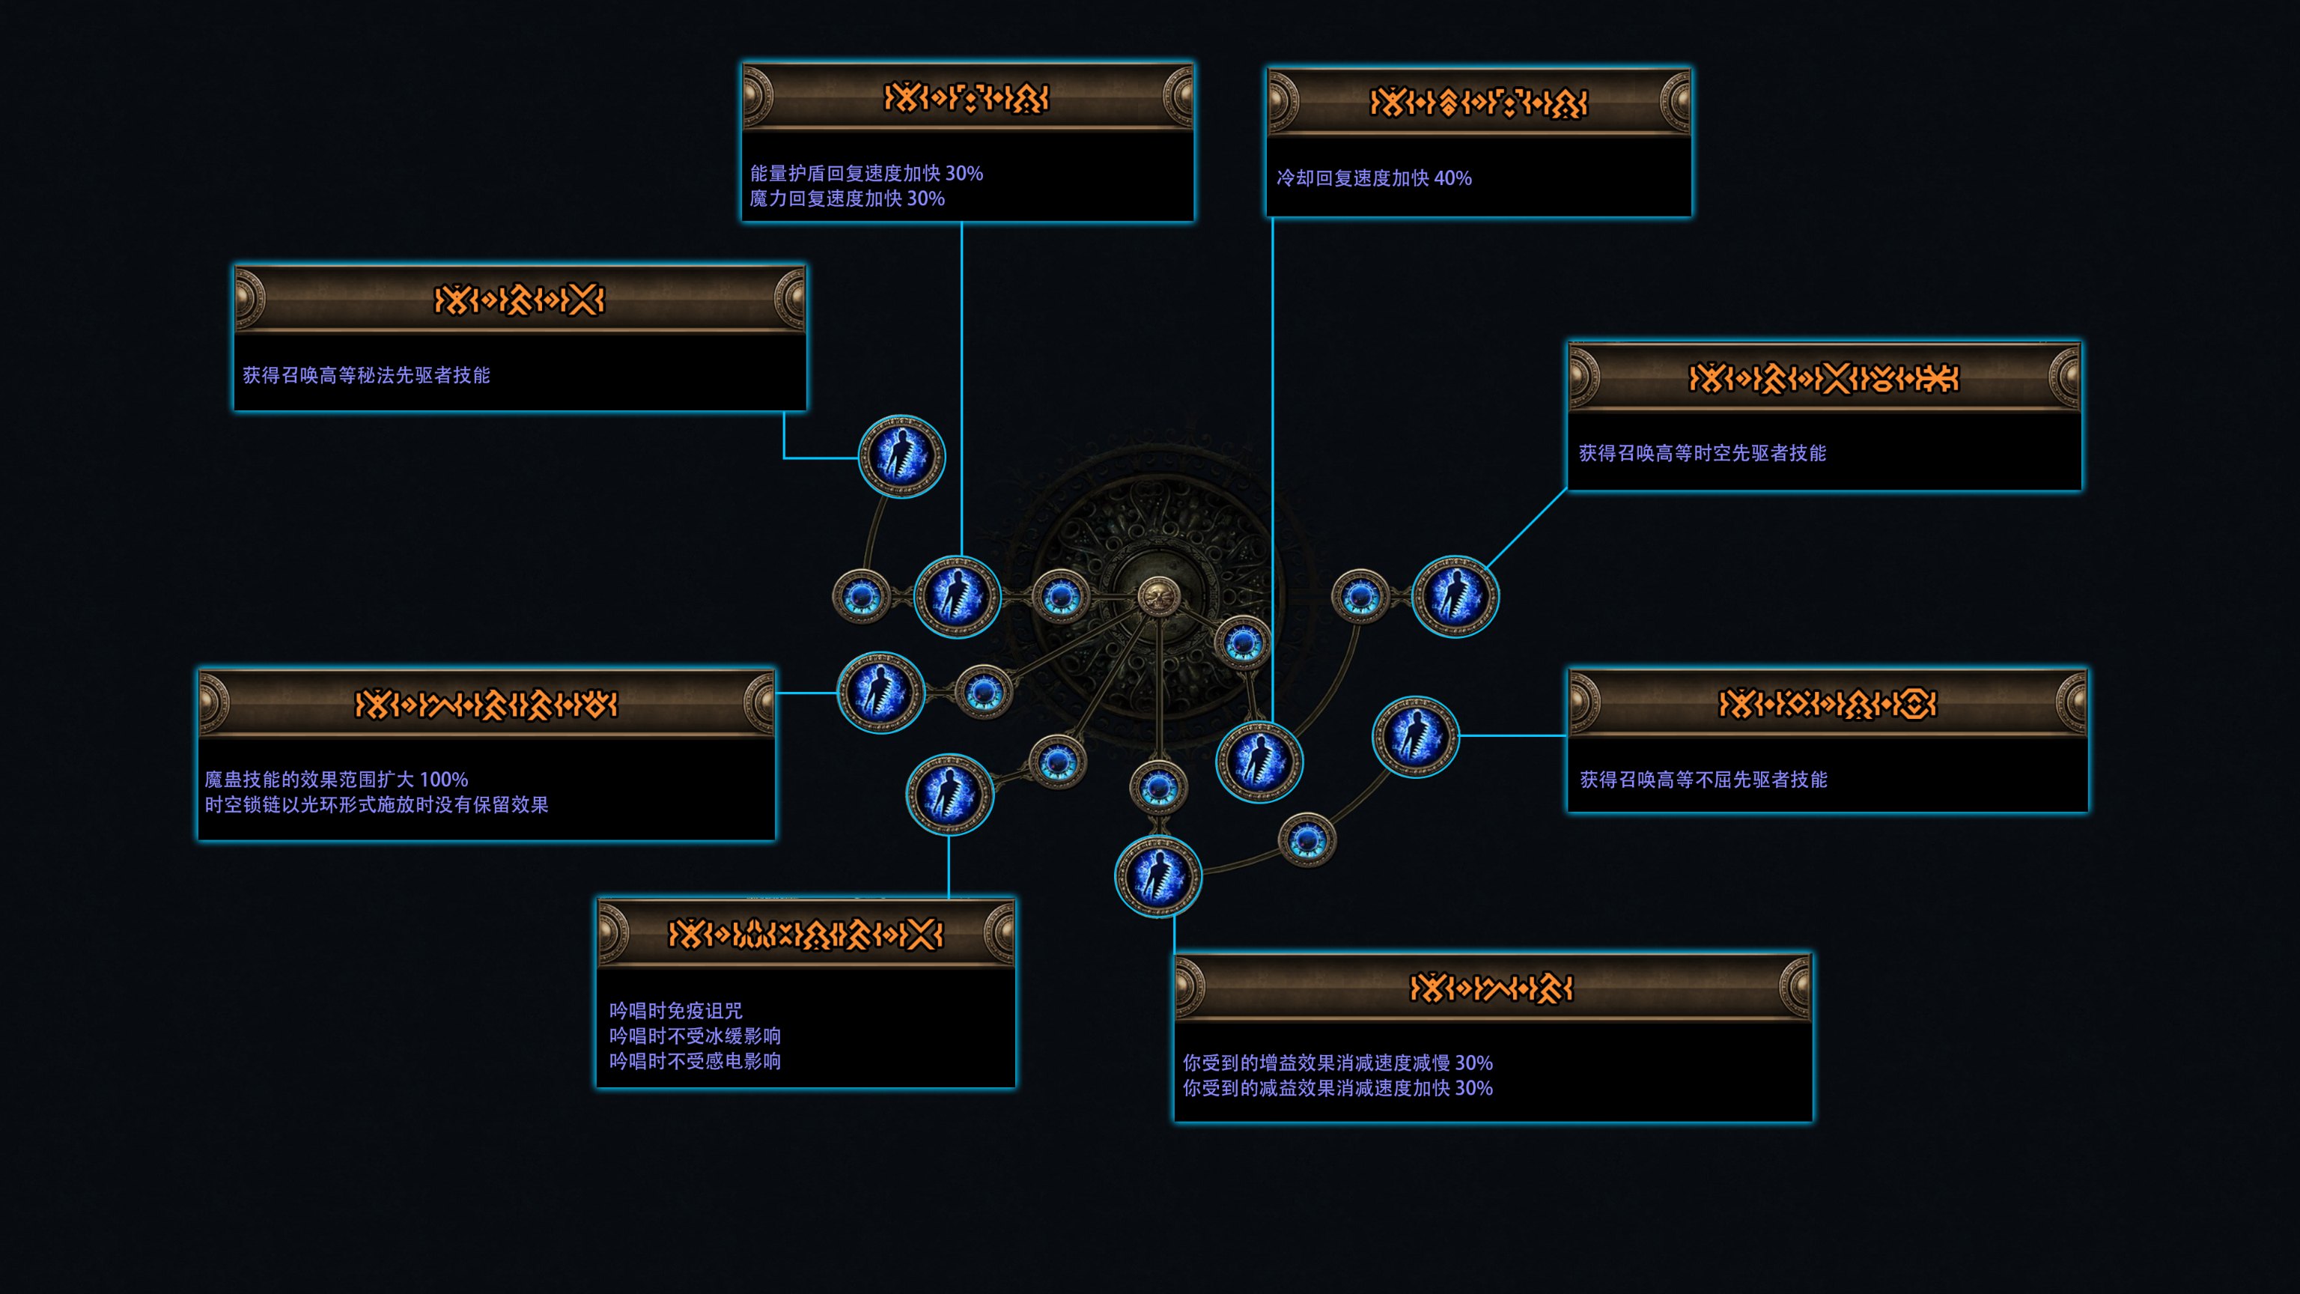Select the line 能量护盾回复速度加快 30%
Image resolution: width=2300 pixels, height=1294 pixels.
click(866, 173)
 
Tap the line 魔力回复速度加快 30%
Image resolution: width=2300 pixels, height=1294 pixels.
click(847, 198)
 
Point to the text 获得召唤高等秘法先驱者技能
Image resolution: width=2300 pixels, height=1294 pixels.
click(366, 375)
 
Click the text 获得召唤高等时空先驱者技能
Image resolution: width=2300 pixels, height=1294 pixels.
click(1702, 454)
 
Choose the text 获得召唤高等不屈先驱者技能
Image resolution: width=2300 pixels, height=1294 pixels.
click(1703, 780)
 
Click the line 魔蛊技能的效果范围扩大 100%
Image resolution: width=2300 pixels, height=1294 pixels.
click(335, 780)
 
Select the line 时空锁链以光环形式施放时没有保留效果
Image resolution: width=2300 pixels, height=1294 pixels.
click(376, 804)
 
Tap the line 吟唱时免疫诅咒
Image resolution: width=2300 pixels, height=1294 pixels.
click(675, 1011)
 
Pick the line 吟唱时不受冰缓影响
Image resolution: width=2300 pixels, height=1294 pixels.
click(695, 1036)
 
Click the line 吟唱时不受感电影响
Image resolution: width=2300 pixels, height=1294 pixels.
click(695, 1061)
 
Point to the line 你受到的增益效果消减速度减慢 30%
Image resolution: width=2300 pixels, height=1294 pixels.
click(1336, 1063)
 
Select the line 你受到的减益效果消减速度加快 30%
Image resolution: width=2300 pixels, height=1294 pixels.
click(1336, 1088)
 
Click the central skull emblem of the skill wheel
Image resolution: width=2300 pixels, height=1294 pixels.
click(1158, 595)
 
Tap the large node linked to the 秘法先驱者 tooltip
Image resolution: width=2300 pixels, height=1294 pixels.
click(901, 456)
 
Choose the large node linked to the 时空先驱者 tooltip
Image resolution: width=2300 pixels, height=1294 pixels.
click(1455, 595)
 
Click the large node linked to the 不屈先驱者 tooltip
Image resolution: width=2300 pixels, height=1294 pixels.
click(1414, 736)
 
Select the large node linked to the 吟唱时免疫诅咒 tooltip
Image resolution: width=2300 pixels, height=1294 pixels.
click(949, 794)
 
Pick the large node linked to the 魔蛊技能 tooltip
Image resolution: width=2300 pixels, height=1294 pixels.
click(880, 692)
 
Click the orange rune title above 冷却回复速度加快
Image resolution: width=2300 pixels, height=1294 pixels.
click(1478, 103)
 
